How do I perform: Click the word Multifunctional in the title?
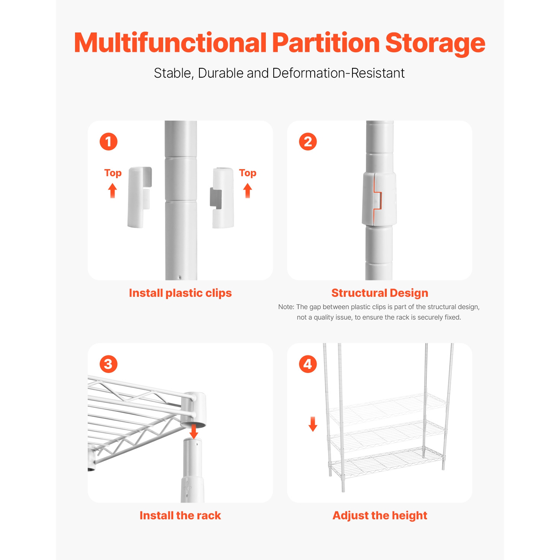[170, 43]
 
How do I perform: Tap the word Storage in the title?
[435, 43]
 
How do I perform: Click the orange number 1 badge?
[109, 142]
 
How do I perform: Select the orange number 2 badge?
[308, 142]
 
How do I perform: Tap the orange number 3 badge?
[109, 364]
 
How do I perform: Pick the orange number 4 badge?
[308, 364]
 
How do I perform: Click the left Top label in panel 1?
[113, 173]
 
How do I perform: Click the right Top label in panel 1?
[248, 173]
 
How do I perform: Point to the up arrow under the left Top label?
[112, 190]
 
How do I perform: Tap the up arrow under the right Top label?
[248, 190]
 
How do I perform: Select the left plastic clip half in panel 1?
[139, 197]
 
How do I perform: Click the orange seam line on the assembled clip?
[378, 200]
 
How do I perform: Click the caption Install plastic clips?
[180, 293]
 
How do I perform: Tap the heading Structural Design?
[380, 293]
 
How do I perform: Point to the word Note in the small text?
[286, 307]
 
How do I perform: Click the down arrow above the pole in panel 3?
[194, 431]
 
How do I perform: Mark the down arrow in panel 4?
[313, 424]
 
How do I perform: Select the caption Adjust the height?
[380, 516]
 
